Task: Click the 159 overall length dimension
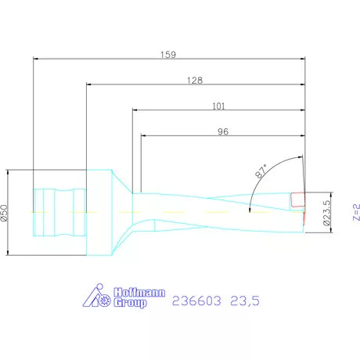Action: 167,55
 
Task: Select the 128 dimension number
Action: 196,80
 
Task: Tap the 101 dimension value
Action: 220,106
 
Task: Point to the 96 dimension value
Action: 222,131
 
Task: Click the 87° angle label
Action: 261,171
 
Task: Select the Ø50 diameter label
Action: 5,212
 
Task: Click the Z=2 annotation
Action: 355,212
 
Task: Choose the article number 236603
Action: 196,299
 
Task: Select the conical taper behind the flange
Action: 119,212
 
